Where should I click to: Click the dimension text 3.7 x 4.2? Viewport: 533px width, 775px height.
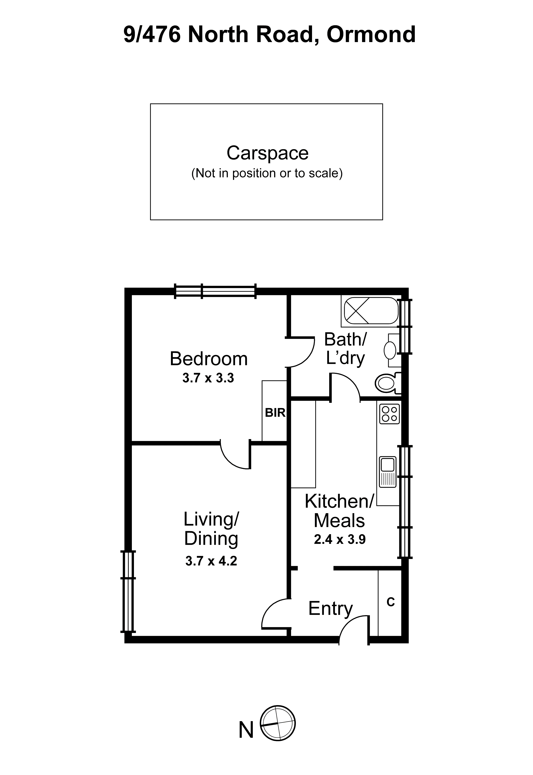pos(211,561)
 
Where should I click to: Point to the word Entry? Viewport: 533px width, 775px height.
pos(330,608)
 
